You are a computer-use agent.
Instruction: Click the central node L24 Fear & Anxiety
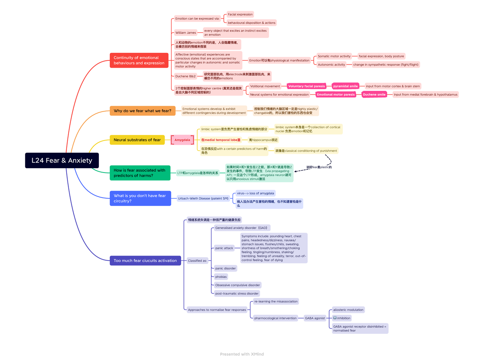click(62, 160)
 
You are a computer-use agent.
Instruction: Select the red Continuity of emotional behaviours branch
click(139, 60)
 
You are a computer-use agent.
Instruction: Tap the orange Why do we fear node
click(142, 111)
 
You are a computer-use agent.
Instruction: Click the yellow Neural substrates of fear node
click(137, 140)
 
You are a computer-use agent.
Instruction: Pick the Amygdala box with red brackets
click(182, 140)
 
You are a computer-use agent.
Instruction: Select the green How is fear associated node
click(140, 173)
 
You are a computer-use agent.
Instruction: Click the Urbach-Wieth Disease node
click(203, 198)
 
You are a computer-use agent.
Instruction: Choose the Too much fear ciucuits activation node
click(145, 260)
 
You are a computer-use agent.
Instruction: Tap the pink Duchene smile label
click(373, 94)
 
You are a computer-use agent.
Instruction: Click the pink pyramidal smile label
click(345, 86)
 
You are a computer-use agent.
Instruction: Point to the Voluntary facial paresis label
click(307, 86)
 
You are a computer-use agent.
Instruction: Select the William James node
click(186, 33)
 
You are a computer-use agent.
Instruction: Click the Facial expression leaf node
click(240, 15)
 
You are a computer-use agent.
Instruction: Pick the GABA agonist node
click(315, 318)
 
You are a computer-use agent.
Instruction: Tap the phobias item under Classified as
click(221, 277)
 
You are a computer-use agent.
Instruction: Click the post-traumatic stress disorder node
click(237, 293)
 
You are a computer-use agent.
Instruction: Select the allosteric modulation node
click(348, 310)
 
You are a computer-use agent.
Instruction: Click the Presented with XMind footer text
click(242, 354)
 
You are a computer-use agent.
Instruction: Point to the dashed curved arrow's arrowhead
click(296, 171)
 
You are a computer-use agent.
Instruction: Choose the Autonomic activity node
click(331, 65)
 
